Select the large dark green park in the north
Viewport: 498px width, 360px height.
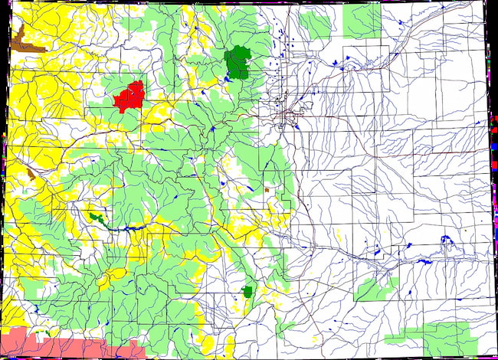(x=238, y=61)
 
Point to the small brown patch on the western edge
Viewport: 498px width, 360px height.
(x=31, y=175)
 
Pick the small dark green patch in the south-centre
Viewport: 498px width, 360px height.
(x=247, y=291)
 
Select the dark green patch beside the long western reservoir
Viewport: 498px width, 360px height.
(x=96, y=218)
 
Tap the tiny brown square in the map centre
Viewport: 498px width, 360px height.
(x=267, y=188)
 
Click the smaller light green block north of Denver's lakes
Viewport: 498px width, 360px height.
(x=314, y=27)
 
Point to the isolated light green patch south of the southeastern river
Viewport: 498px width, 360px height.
(x=375, y=289)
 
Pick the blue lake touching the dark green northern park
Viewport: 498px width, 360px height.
(x=229, y=78)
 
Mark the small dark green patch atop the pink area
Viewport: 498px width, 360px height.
(x=48, y=332)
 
